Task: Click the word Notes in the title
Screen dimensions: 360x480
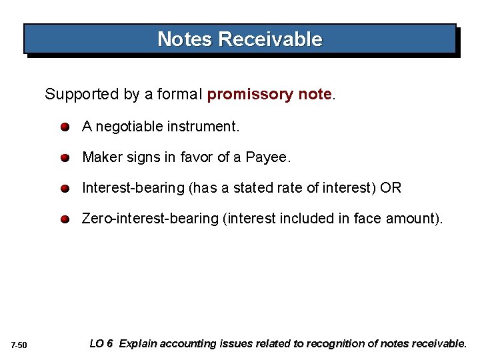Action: (x=185, y=39)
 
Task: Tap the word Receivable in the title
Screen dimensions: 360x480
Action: (x=270, y=39)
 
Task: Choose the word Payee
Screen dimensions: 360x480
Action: (x=268, y=157)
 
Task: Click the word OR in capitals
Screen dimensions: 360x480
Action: (x=391, y=188)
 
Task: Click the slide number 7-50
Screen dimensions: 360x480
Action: (x=19, y=345)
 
